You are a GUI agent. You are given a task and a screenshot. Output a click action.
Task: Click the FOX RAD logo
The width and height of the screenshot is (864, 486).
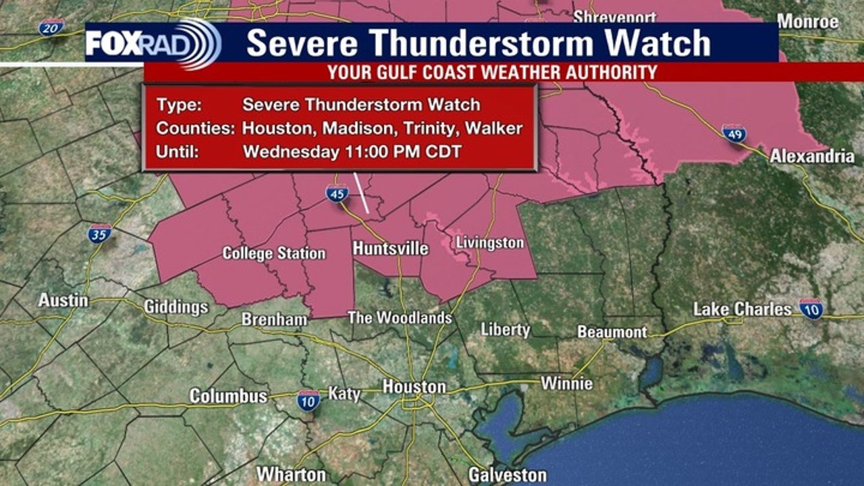[x=153, y=43]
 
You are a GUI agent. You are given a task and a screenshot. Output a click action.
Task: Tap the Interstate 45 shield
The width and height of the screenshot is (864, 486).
[x=337, y=194]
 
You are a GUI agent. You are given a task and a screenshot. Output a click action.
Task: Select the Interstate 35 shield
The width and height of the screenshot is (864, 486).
[x=99, y=234]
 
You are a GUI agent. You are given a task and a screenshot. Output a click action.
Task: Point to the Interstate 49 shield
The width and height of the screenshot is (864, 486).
[x=734, y=133]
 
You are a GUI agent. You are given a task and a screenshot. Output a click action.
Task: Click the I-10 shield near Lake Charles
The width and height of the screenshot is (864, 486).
[x=811, y=308]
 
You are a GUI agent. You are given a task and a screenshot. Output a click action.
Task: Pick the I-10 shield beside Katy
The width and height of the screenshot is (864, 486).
[x=308, y=400]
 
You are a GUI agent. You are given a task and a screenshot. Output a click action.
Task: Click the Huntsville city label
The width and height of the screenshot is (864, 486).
[x=390, y=249]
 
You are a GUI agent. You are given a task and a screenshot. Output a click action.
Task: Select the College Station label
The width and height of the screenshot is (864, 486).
[x=274, y=254]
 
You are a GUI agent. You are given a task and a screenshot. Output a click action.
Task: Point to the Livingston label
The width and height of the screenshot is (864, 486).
[x=489, y=243]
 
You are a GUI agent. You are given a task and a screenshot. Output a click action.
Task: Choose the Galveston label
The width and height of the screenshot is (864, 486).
[x=508, y=475]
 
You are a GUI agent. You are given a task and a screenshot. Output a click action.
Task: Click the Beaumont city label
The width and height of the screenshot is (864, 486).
[x=612, y=332]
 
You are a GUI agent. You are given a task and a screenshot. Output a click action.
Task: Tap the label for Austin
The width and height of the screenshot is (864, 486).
[x=63, y=300]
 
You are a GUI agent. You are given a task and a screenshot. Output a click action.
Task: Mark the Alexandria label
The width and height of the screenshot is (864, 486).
[x=812, y=157]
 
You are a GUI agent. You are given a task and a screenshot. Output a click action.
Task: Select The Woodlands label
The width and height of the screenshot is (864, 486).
[x=400, y=317]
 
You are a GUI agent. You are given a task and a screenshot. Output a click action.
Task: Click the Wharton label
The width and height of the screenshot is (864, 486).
[x=292, y=475]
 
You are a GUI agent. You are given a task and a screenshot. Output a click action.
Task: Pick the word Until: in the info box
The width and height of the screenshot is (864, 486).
[x=178, y=152]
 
